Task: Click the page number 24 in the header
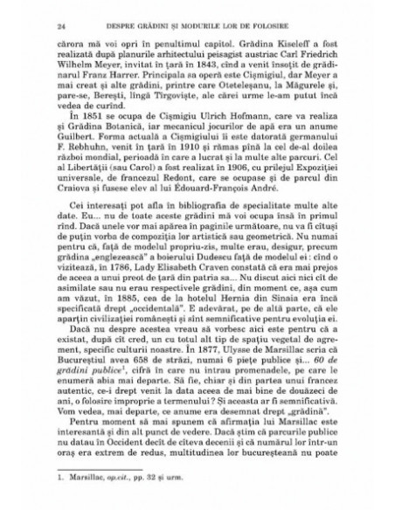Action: point(58,28)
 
